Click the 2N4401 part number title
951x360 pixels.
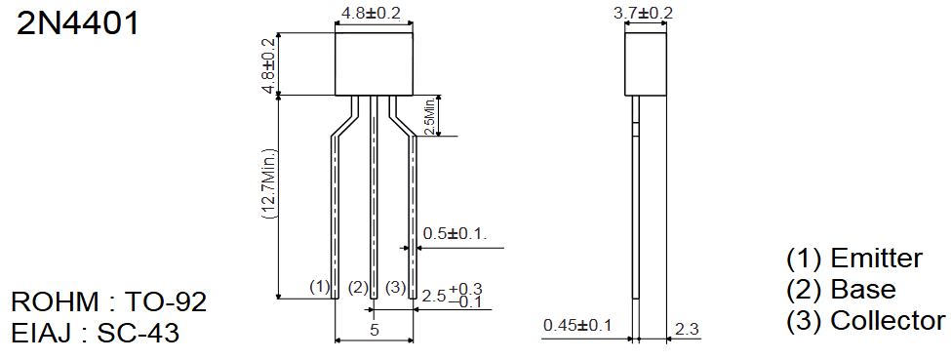click(78, 23)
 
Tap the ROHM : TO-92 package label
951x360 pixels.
click(109, 301)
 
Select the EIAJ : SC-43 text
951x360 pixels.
click(96, 334)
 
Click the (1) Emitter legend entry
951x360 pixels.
click(854, 258)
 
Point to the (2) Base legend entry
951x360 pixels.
click(841, 290)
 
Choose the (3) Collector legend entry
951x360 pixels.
click(865, 321)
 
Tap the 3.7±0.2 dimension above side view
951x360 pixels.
click(643, 13)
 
